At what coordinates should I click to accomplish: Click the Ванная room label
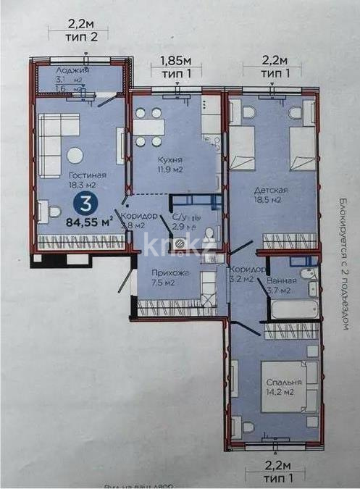click(x=279, y=279)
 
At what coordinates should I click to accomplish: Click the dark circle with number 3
click(x=88, y=204)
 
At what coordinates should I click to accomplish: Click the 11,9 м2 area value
click(x=173, y=171)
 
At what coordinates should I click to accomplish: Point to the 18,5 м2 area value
click(x=267, y=201)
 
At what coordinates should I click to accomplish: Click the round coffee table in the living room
click(x=75, y=154)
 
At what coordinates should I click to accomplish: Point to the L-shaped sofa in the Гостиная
click(x=49, y=144)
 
